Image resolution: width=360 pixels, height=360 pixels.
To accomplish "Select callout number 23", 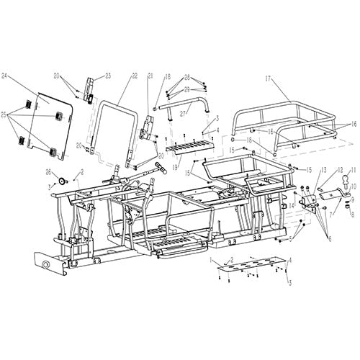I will pyautogui.click(x=108, y=76).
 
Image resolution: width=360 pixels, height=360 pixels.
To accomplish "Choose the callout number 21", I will pyautogui.click(x=150, y=76).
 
